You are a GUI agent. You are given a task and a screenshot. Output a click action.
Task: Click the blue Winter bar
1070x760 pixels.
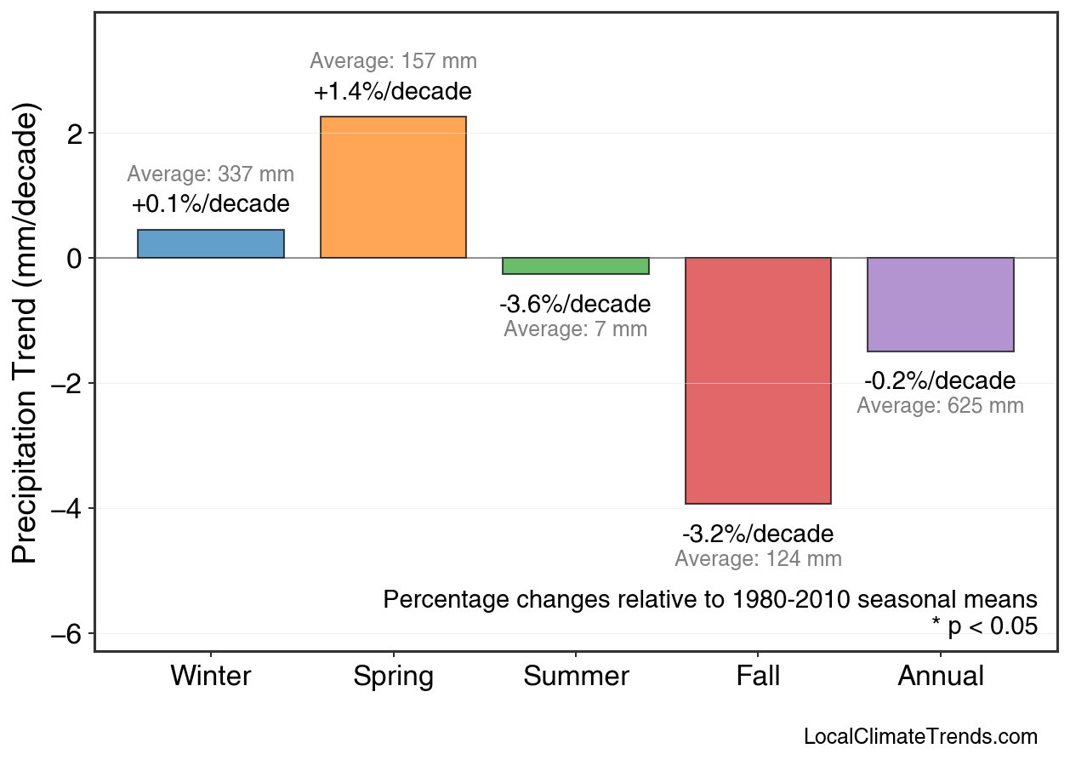pyautogui.click(x=211, y=243)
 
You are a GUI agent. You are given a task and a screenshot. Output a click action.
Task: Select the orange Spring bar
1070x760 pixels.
pyautogui.click(x=393, y=187)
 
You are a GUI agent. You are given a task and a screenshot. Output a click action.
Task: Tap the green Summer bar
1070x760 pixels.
pyautogui.click(x=576, y=266)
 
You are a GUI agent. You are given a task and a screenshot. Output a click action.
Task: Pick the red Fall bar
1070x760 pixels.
pyautogui.click(x=758, y=380)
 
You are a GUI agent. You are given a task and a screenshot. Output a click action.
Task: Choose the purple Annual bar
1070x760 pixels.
pyautogui.click(x=940, y=305)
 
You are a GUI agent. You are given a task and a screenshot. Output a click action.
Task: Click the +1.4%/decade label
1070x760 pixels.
pyautogui.click(x=393, y=91)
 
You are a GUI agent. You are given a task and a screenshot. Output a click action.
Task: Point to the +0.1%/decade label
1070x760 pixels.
pyautogui.click(x=211, y=204)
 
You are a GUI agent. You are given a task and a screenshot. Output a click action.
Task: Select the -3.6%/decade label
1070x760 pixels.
pyautogui.click(x=576, y=304)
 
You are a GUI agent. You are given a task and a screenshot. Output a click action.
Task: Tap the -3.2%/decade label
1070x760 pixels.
pyautogui.click(x=758, y=534)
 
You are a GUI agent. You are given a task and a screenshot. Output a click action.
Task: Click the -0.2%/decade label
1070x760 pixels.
pyautogui.click(x=940, y=380)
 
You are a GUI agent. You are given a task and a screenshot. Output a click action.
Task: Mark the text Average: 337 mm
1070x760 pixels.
pyautogui.click(x=211, y=174)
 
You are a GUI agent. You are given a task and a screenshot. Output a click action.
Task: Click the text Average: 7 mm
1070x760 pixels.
pyautogui.click(x=576, y=329)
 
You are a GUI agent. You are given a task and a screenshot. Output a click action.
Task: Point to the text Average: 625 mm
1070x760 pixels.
pyautogui.click(x=940, y=406)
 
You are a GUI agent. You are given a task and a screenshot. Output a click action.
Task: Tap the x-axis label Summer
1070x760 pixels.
pyautogui.click(x=576, y=677)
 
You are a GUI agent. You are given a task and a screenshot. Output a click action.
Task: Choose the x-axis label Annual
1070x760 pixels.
pyautogui.click(x=940, y=677)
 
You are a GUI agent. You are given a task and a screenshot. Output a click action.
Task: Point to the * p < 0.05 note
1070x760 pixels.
pyautogui.click(x=984, y=627)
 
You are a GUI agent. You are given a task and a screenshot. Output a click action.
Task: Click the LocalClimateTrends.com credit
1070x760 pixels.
pyautogui.click(x=920, y=737)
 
